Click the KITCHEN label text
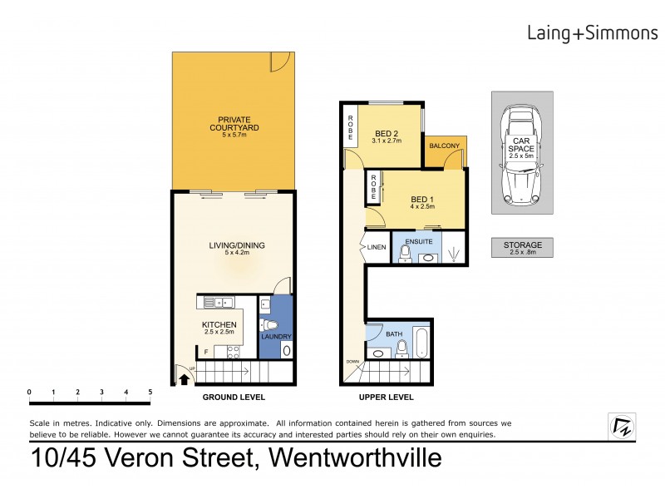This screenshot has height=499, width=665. click(x=219, y=325)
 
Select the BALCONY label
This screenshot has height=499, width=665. click(x=445, y=146)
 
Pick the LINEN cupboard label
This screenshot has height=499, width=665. click(x=375, y=246)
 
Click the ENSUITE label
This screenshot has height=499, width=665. click(x=418, y=241)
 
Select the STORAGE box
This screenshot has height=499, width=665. click(x=522, y=247)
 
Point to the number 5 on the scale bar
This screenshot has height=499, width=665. click(x=150, y=392)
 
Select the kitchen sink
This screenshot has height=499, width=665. click(x=214, y=304)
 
